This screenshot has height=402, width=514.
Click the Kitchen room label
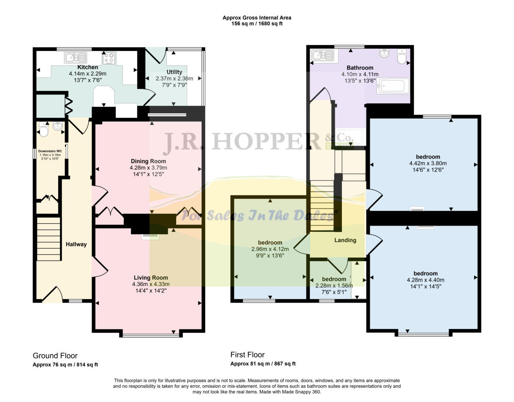click(87, 67)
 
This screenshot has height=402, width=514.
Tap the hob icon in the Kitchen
click(108, 57)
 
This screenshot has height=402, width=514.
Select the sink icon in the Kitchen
click(75, 57)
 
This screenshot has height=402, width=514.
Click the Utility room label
click(174, 72)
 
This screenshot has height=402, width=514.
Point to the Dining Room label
click(148, 161)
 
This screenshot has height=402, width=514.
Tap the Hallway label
click(76, 244)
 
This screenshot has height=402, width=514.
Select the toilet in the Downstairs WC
click(43, 129)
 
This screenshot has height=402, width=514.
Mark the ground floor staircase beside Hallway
click(48, 239)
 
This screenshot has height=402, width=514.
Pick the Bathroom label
click(359, 68)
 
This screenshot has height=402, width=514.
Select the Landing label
click(345, 240)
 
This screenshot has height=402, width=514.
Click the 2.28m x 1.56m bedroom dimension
click(334, 285)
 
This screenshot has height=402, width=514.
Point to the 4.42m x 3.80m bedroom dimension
click(427, 163)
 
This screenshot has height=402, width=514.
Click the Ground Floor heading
click(55, 356)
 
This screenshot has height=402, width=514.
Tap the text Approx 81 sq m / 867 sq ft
click(263, 364)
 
